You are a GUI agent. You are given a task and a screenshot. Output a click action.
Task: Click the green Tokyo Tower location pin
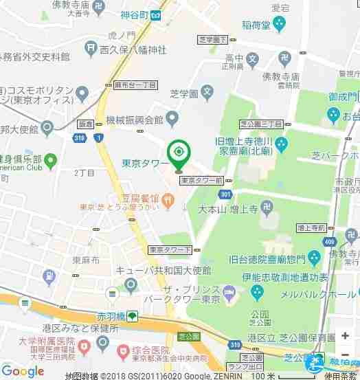179,153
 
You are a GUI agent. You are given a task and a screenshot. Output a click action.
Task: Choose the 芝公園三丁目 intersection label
261,124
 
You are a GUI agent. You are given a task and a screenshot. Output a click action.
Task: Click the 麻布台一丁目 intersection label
135,85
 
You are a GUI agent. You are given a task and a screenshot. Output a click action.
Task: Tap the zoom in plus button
345,335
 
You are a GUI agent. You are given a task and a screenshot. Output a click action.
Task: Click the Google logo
23,371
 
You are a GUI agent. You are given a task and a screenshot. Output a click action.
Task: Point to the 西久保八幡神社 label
133,49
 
